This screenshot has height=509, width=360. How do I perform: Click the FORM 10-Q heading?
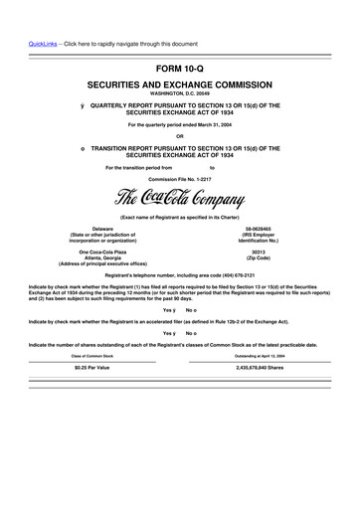[180, 69]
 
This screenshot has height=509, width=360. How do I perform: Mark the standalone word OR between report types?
[180, 136]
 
